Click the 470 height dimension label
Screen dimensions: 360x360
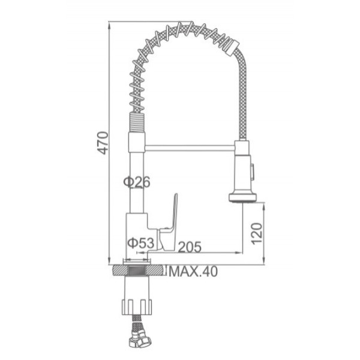[103, 143]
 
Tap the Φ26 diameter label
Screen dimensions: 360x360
[137, 182]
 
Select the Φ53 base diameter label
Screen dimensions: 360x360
[141, 242]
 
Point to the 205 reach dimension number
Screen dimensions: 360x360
[190, 247]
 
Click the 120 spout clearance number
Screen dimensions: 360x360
[257, 233]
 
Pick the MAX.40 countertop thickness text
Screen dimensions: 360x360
[193, 272]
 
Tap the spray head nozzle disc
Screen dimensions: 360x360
[243, 197]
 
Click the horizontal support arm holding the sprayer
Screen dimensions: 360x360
[190, 148]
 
